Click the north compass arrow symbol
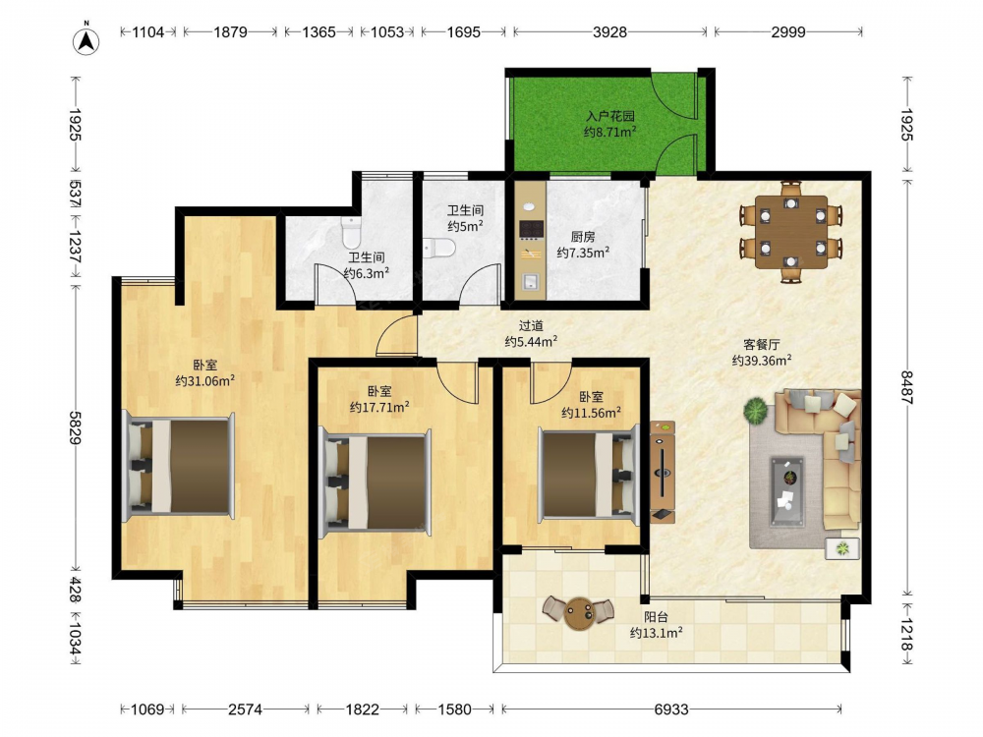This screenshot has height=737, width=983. pos(87,40)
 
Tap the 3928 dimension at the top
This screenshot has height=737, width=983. pos(609,32)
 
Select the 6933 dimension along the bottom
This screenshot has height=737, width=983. pos(670,709)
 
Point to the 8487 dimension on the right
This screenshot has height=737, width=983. pos(907,387)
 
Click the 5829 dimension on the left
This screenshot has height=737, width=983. pos(76,428)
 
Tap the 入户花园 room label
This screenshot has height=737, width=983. pos(610,116)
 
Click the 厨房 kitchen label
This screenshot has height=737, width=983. pos(582,237)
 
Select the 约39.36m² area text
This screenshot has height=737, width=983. pos(761,361)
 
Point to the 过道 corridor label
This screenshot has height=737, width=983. pos(531,326)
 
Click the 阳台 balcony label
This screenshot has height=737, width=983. pos(656,617)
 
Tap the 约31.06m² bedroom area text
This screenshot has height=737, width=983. pos(205,380)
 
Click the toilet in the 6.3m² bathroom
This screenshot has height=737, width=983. pos(351,233)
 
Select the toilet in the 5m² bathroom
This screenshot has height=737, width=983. pos(438,249)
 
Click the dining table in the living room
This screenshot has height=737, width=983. pos(791,232)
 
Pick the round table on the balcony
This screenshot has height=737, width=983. pos(578,613)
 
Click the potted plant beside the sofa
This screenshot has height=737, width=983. pos(755,411)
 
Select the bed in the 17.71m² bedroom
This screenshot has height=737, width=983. pos(375,482)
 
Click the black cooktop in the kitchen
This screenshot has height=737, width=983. pos(531,229)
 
